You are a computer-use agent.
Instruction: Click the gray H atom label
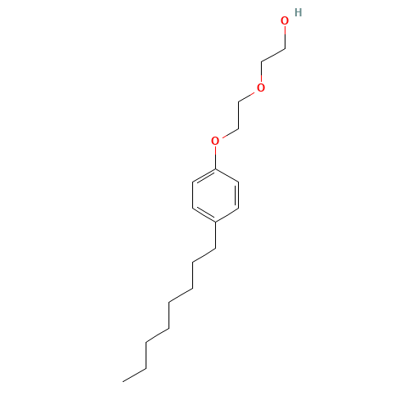click(299, 12)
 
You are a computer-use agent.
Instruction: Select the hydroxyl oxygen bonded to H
click(285, 21)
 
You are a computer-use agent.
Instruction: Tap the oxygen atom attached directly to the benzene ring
click(215, 141)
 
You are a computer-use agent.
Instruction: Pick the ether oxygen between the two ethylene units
click(261, 88)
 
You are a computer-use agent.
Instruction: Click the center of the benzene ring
click(215, 196)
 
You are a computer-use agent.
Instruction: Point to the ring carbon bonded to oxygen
click(215, 169)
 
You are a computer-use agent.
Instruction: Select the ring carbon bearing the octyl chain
click(215, 222)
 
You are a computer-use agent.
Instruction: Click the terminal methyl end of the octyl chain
click(123, 381)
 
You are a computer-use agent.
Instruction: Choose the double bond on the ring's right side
click(237, 196)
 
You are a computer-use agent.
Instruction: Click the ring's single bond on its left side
click(192, 196)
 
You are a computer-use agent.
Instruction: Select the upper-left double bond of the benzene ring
click(204, 176)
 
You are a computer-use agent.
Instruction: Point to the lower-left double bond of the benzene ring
click(204, 214)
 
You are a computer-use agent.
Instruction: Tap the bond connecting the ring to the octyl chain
click(215, 235)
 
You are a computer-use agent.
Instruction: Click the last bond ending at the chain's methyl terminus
click(134, 375)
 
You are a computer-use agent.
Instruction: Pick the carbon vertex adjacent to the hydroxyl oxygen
click(285, 49)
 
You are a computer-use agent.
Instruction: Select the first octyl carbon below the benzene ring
click(215, 248)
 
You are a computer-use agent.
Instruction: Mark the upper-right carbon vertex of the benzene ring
click(239, 182)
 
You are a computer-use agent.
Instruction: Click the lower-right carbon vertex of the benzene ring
click(239, 209)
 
